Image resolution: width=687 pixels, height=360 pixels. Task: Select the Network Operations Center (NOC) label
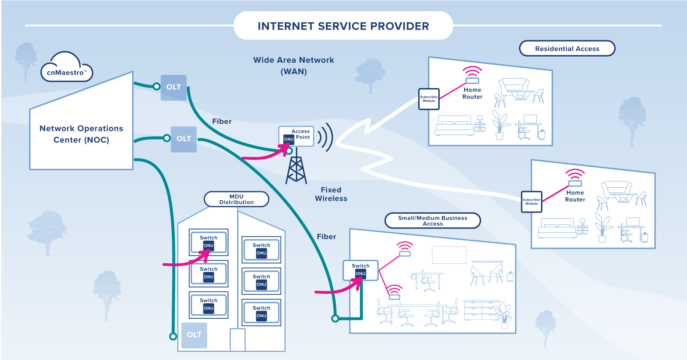click(x=76, y=135)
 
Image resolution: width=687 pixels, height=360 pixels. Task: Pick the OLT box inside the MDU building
click(x=194, y=337)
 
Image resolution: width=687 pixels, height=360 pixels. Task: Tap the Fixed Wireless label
click(x=333, y=194)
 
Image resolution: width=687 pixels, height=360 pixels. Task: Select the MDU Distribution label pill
click(x=229, y=199)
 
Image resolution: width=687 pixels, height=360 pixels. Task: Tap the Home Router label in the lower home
click(x=573, y=200)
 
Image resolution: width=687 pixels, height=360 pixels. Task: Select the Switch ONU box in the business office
click(x=360, y=270)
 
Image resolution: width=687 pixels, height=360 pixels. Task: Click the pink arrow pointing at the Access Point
click(x=261, y=154)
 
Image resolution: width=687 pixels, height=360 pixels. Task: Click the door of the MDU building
click(x=237, y=340)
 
